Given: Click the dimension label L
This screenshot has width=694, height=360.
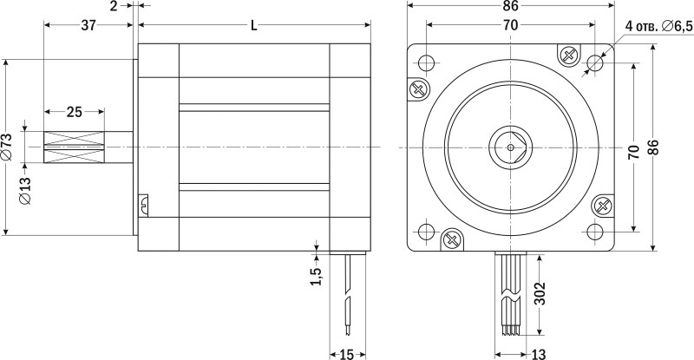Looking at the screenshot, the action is [253, 26].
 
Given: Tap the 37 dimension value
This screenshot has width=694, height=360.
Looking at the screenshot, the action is [88, 25].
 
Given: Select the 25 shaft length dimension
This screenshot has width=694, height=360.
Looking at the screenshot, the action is [75, 112].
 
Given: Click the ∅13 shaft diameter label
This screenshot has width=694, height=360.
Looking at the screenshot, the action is [25, 191].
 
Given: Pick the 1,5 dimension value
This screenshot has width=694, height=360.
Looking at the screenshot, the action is [316, 277].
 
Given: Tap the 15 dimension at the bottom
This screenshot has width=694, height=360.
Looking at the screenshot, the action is [347, 354].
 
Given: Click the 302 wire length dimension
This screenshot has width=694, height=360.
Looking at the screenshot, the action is [540, 293].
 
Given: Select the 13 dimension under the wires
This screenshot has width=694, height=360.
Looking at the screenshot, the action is [538, 354].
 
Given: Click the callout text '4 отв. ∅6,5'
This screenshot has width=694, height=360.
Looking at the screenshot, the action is [658, 26].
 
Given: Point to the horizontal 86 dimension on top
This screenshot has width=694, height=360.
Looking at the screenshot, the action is [510, 6].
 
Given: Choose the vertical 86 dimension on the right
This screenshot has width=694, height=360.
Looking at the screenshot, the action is [654, 147].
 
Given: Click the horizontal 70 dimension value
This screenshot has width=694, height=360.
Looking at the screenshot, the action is [510, 25].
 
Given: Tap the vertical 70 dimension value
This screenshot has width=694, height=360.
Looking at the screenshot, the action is [634, 152].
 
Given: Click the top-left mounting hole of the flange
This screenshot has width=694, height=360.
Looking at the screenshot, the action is [426, 62].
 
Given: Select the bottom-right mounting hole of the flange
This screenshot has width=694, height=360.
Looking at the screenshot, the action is [595, 232].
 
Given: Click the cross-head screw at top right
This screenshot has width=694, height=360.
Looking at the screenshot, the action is [569, 56].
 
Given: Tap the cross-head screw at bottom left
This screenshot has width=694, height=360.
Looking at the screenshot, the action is [452, 239].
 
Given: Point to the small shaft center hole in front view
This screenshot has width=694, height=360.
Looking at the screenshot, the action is [510, 147].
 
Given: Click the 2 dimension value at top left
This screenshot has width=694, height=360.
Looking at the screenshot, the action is [114, 6].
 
